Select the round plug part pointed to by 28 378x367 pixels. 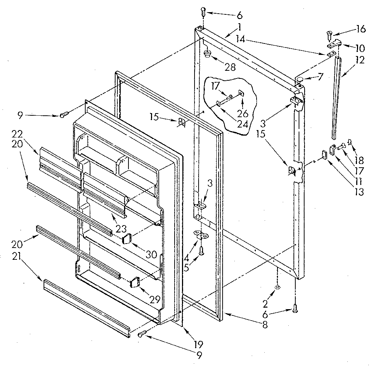[x=207, y=55]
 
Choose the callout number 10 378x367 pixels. [x=360, y=48]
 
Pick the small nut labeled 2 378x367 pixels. [x=276, y=287]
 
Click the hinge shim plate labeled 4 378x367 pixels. [x=200, y=235]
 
